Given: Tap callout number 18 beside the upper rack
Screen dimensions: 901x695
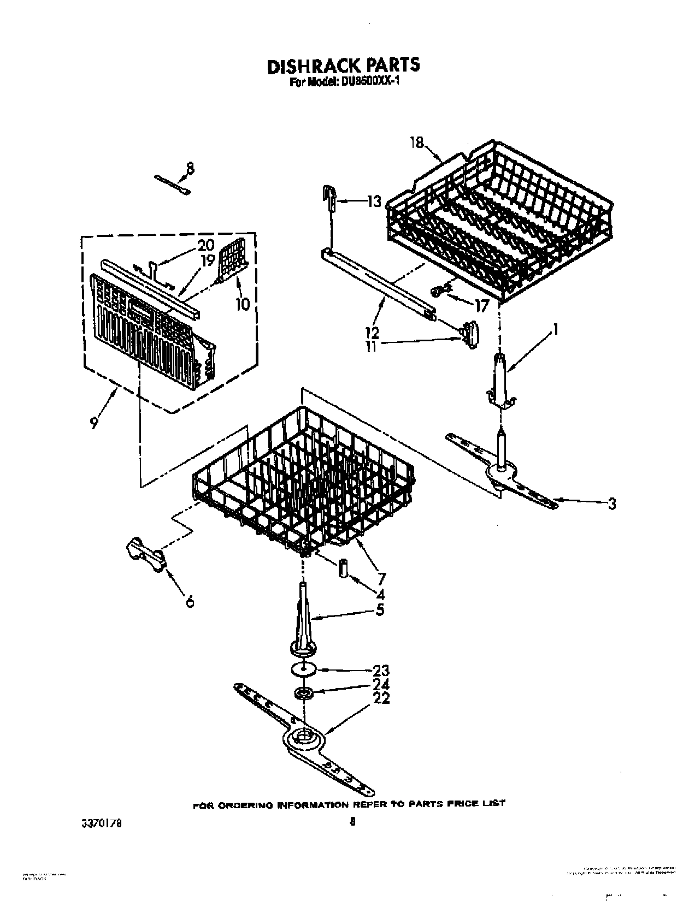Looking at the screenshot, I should point(416,143).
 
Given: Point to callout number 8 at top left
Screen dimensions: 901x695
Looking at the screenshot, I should point(190,169).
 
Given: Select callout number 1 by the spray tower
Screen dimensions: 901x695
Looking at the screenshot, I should point(555,330).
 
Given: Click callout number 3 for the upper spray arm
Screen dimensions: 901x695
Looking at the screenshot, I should point(611,503).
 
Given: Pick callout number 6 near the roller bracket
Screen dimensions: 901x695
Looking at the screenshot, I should point(190,601).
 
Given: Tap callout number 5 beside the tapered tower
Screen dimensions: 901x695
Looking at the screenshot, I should point(380,609).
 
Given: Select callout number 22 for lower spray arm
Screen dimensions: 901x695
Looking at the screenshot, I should point(381,698).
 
